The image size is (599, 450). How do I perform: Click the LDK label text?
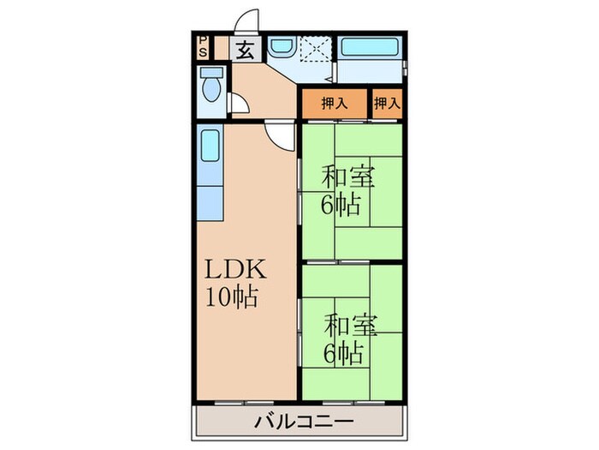pyautogui.click(x=236, y=272)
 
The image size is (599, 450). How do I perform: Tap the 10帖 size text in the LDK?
pyautogui.click(x=231, y=299)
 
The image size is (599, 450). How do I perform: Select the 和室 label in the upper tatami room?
pyautogui.click(x=346, y=177)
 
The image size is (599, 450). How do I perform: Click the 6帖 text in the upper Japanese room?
pyautogui.click(x=340, y=205)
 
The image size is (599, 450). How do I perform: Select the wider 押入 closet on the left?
pyautogui.click(x=334, y=104)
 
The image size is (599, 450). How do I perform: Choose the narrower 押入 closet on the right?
pyautogui.click(x=387, y=104)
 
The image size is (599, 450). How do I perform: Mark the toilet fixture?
pyautogui.click(x=211, y=86)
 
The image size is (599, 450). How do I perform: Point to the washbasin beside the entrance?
pyautogui.click(x=281, y=48)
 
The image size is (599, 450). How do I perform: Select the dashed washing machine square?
pyautogui.click(x=315, y=50)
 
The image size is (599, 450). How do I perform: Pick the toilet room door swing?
pyautogui.click(x=240, y=105)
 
